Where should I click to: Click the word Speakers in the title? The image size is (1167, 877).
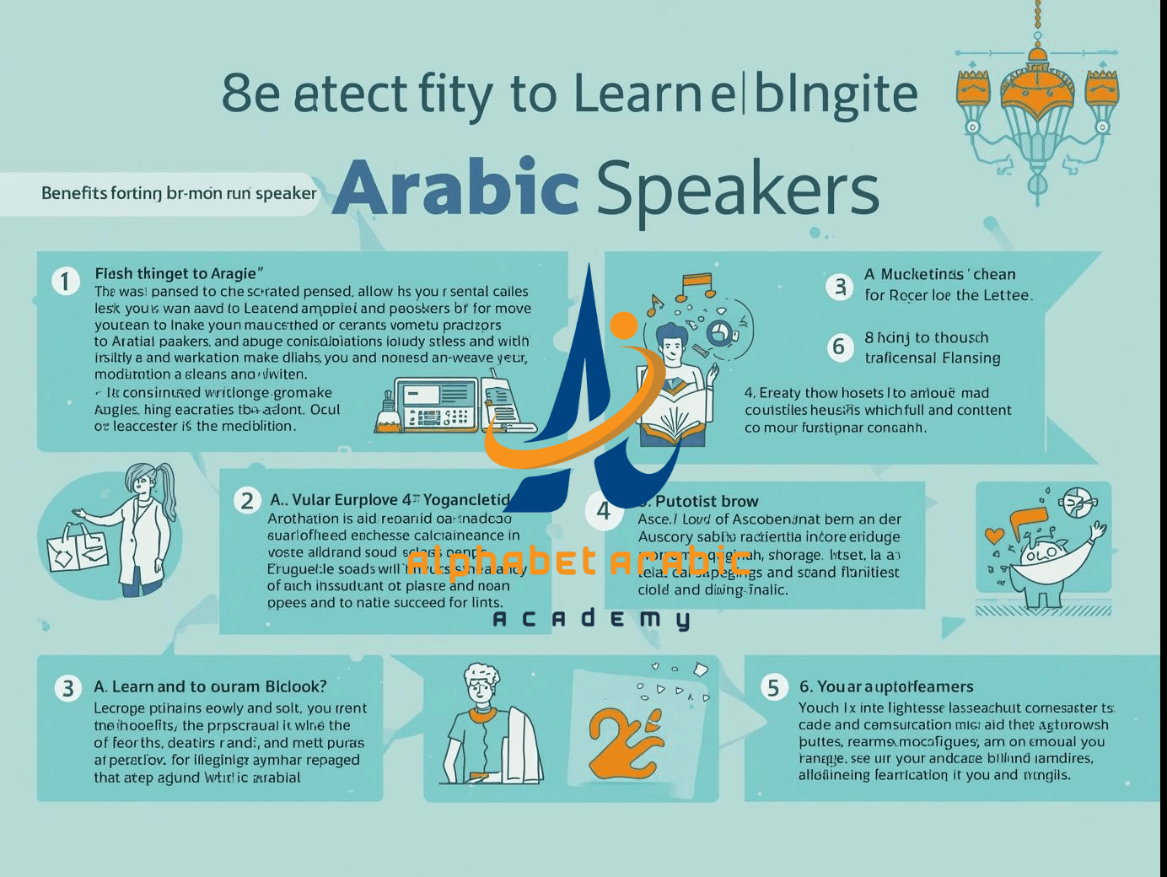click(737, 189)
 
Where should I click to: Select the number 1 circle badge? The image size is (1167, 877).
click(65, 281)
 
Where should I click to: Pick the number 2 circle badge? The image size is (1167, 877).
click(246, 501)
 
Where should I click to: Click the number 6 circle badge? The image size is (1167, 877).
click(838, 347)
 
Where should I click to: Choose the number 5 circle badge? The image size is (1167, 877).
click(773, 687)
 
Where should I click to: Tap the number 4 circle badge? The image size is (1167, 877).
click(604, 511)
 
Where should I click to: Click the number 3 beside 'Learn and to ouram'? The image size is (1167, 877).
click(67, 688)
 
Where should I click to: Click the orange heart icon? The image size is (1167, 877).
click(995, 535)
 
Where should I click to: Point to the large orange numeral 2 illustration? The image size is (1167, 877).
click(624, 742)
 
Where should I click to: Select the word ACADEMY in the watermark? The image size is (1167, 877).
click(590, 620)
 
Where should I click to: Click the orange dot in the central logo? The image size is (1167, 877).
click(623, 328)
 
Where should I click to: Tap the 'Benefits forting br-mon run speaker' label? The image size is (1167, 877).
click(179, 193)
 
